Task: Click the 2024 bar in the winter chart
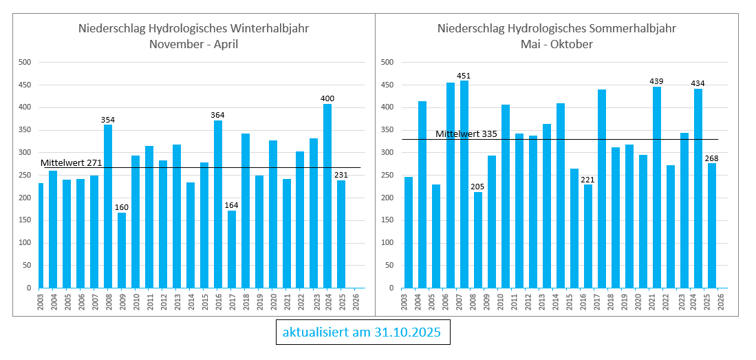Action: coord(327,196)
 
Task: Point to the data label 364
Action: coord(218,115)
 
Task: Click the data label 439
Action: coord(657,81)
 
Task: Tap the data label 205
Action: coord(478,187)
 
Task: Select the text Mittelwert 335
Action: coord(466,134)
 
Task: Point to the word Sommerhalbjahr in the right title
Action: coord(632,29)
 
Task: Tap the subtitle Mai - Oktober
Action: coord(557,44)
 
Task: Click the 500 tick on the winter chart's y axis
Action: coord(25,63)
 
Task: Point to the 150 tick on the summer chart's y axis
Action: coord(387,220)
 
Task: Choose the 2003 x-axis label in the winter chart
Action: coord(41,302)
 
